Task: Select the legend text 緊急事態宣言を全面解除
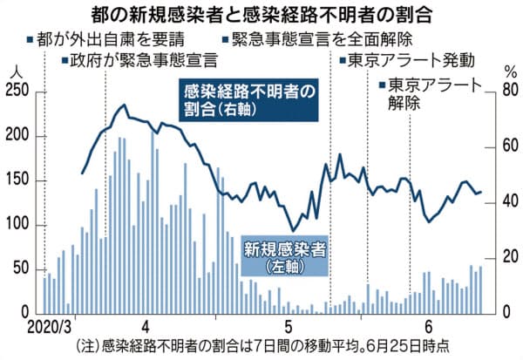[x=307, y=39]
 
